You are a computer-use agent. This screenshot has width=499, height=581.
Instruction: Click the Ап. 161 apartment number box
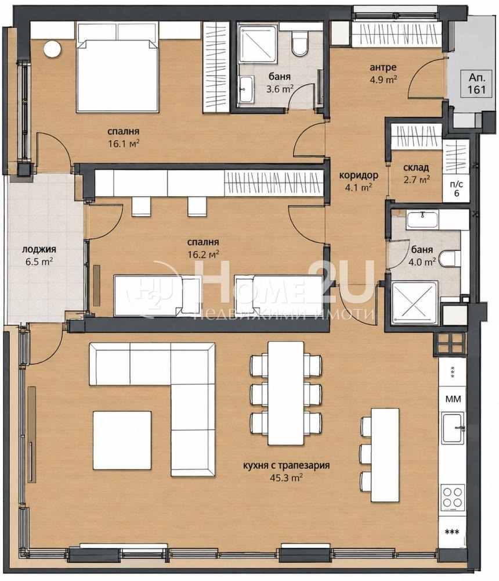476,83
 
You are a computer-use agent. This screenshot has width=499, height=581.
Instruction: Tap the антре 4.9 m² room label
383,73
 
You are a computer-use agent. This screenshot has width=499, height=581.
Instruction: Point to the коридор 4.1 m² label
359,181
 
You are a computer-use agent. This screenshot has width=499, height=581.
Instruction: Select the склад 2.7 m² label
417,173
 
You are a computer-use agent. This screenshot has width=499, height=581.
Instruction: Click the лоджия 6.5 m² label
39,255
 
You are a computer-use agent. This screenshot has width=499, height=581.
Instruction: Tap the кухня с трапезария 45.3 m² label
286,471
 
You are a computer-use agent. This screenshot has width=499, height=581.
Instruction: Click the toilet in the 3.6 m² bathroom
299,44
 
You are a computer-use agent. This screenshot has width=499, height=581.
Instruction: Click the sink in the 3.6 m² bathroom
246,89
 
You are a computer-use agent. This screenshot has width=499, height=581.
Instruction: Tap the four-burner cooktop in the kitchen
453,497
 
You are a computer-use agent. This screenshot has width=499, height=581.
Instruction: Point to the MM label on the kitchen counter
453,399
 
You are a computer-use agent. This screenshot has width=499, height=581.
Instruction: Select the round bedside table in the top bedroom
53,49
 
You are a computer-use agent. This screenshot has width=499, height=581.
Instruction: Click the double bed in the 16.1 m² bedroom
117,67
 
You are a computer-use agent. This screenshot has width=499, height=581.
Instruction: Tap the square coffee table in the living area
122,440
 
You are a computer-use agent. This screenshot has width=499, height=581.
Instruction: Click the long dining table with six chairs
286,393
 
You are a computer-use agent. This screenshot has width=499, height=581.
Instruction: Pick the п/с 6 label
456,189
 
